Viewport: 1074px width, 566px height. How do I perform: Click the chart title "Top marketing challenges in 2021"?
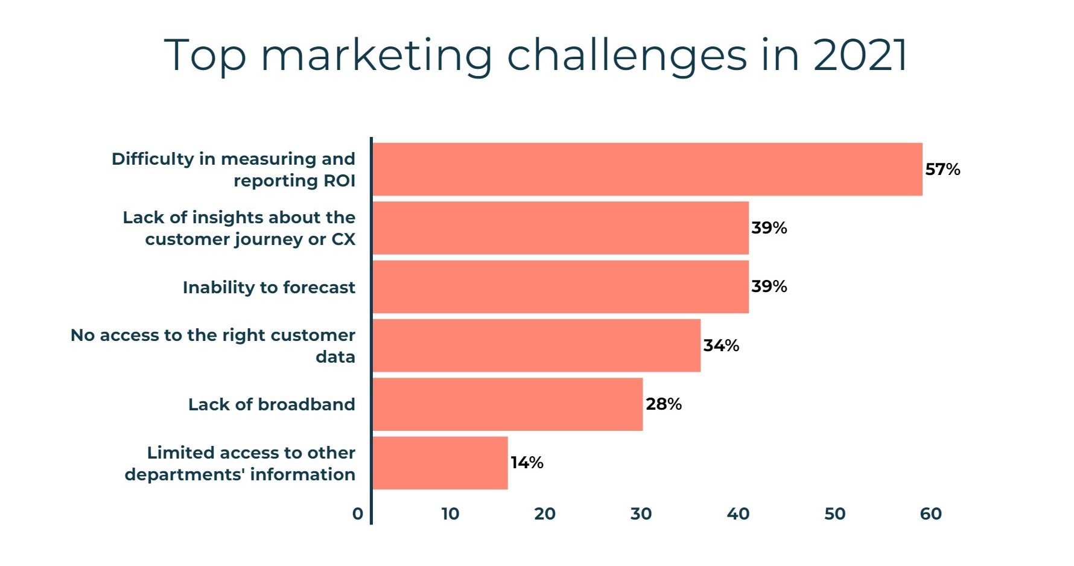pos(536,56)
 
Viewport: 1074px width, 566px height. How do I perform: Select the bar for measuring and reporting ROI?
pos(647,169)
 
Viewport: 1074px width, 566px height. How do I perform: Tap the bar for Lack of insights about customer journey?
pos(561,228)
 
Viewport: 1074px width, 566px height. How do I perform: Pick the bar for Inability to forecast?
pos(561,287)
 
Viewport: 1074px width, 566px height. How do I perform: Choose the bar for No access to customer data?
pos(536,345)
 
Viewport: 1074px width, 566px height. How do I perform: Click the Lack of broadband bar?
pos(507,404)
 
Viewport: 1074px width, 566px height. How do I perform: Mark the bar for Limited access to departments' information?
pos(440,463)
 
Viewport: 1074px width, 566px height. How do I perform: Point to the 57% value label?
pos(942,169)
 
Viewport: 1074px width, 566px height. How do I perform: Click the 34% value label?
pos(721,345)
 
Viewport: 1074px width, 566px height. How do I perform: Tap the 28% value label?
pos(664,404)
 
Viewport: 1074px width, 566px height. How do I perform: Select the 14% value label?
pos(527,463)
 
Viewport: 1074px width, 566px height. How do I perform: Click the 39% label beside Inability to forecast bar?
pos(769,286)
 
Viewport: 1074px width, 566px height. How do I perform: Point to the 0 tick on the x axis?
pos(358,514)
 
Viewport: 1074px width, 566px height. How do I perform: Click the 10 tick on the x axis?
pos(450,514)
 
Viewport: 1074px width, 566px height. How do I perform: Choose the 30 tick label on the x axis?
pos(641,514)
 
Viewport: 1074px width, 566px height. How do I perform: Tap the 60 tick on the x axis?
pos(930,514)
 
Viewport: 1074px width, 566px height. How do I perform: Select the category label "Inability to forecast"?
pos(269,287)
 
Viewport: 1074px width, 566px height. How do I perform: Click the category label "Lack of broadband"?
pos(272,404)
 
